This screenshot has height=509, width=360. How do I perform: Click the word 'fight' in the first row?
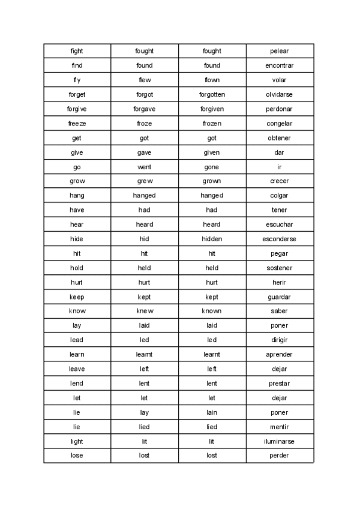pos(77,51)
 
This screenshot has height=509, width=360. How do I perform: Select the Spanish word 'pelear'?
pos(280,51)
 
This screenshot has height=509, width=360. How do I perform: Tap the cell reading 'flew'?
pos(145,80)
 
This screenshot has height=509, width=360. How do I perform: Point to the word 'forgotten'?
pos(212,94)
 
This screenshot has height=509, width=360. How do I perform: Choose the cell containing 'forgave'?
pos(145,109)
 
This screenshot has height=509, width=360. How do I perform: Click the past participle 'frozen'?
pos(212,123)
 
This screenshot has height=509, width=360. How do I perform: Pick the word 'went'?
pos(145,167)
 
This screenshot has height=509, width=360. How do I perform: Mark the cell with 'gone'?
pos(212,167)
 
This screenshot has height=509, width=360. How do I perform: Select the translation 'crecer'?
pos(280,181)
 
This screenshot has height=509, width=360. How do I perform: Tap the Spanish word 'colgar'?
pos(280,196)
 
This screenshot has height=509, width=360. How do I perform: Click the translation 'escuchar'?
pos(280,224)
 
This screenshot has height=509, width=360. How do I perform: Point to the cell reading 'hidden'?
pos(212,239)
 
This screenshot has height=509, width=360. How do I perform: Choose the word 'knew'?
pos(145,311)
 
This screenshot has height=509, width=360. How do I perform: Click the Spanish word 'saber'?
pos(280,311)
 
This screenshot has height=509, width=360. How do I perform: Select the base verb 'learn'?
pos(77,354)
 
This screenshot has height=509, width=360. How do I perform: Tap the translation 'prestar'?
pos(280,384)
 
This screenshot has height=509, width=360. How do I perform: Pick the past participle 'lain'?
pos(212,412)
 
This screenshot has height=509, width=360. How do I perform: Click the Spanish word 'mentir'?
pos(280,427)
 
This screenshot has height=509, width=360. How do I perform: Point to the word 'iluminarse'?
pos(280,441)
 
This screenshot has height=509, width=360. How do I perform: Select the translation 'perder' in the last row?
pos(280,456)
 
